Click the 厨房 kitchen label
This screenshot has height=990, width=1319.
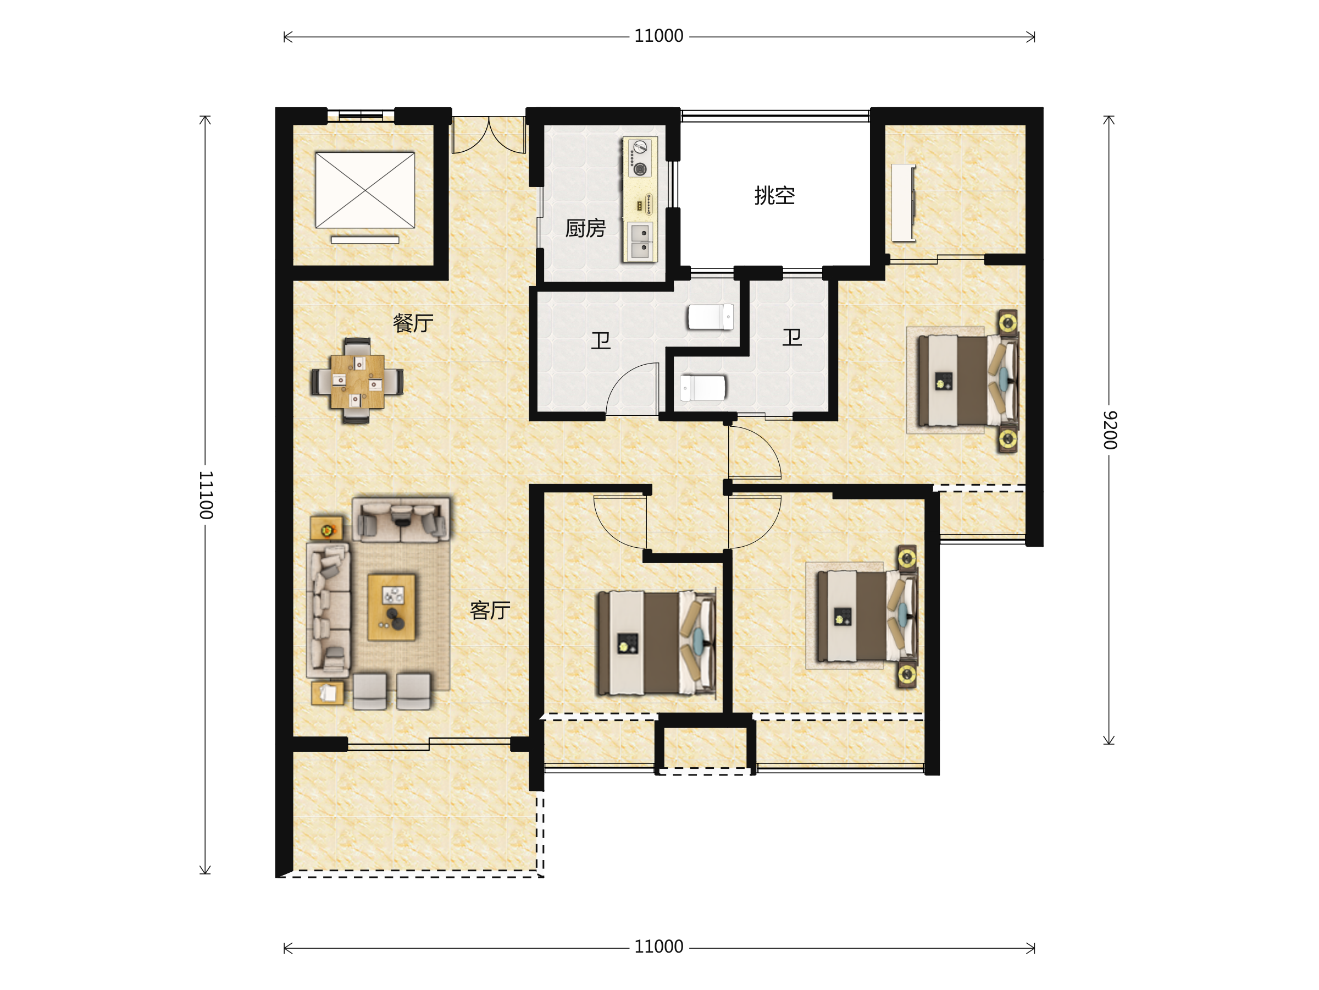585,228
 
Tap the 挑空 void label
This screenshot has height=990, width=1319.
774,195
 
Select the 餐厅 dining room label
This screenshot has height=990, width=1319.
413,323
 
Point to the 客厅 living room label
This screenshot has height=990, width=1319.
490,610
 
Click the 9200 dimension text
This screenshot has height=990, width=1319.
1109,430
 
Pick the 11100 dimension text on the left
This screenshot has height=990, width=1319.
206,494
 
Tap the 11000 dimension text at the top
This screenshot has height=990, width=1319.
658,36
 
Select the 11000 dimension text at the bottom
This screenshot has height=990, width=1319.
658,947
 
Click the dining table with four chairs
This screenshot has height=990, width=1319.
357,381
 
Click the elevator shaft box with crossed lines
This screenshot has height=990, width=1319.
365,190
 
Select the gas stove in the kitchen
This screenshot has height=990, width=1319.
639,157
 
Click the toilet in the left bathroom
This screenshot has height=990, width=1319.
710,317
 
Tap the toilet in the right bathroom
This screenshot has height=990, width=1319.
703,388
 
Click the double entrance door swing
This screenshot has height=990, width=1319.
489,135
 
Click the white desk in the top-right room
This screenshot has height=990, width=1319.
904,203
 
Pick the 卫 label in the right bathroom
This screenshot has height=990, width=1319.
792,337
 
